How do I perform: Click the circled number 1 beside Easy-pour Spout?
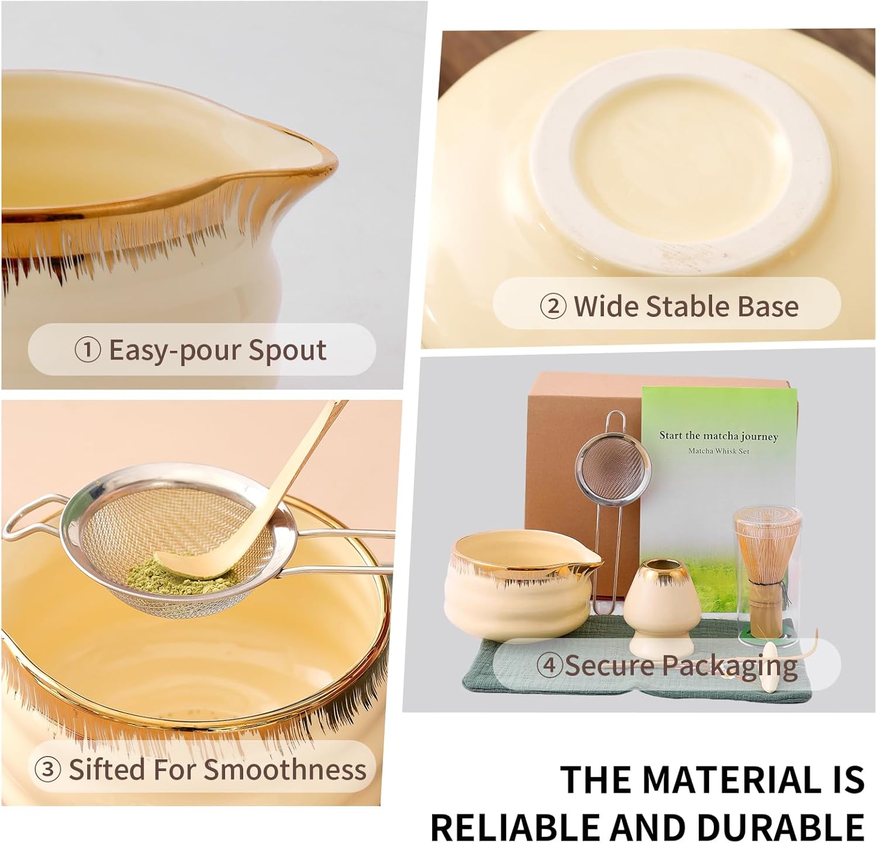pyautogui.click(x=88, y=350)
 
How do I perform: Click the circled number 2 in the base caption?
pyautogui.click(x=553, y=306)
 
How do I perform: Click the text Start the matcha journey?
pyautogui.click(x=719, y=436)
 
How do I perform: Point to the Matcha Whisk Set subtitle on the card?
pyautogui.click(x=719, y=451)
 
